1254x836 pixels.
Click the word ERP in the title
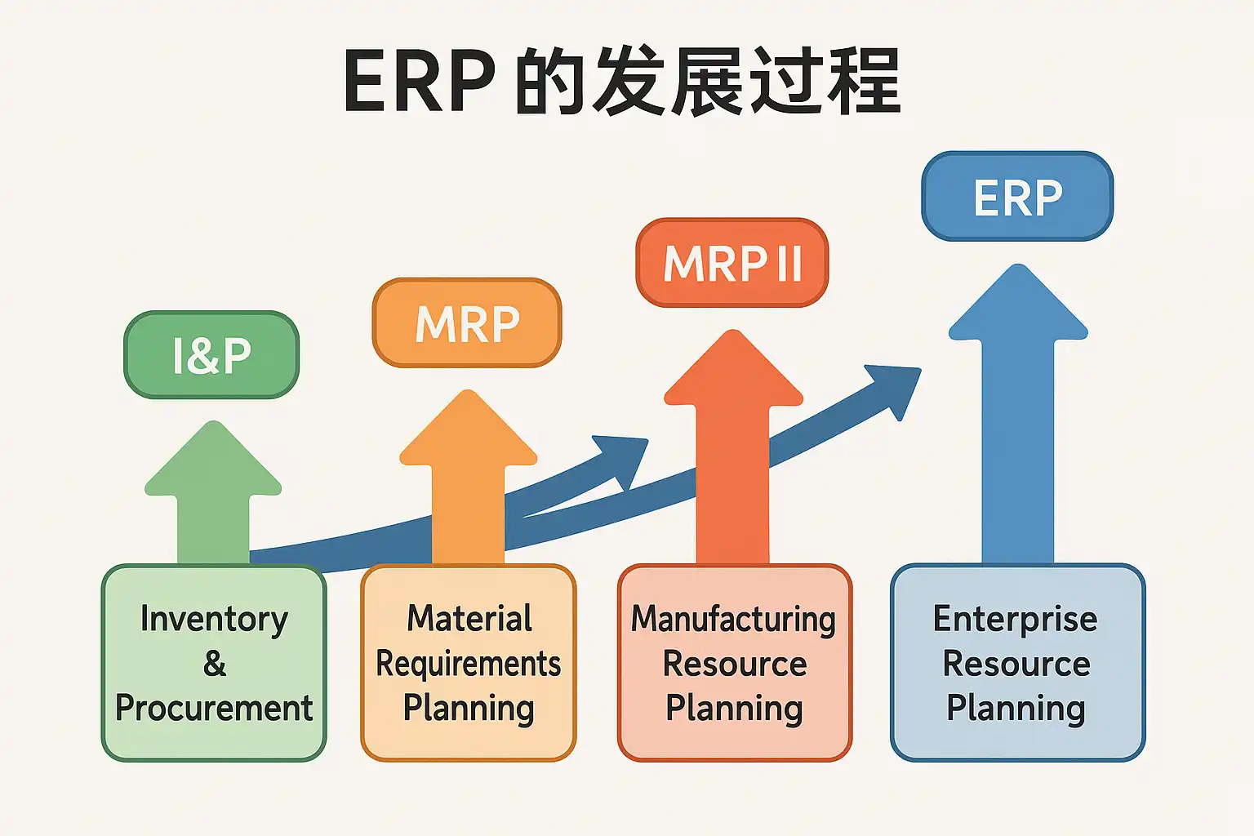point(419,82)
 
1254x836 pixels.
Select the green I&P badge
point(211,355)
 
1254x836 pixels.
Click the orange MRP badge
point(467,323)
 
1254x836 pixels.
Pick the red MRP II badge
point(732,263)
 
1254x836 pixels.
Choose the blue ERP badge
point(1017,197)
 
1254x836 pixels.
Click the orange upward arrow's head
point(468,429)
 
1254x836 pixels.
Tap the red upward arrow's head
point(733,369)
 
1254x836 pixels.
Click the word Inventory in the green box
point(214,619)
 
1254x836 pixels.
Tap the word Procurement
point(214,708)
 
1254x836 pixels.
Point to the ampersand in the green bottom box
point(215,663)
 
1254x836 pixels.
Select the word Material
point(469,618)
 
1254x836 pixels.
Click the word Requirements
point(469,664)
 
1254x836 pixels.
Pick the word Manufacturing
point(733,619)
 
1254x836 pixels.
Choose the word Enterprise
point(1016,619)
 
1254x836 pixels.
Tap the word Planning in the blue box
point(1016,708)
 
